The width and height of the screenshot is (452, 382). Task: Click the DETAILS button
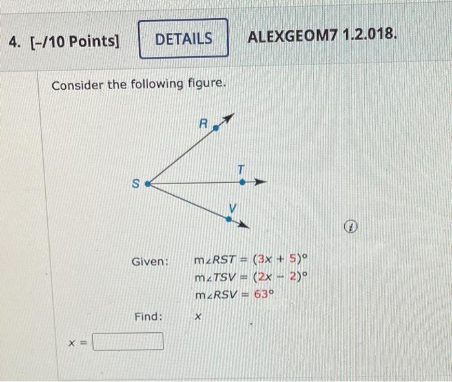183,39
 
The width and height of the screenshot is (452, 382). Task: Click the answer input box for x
128,341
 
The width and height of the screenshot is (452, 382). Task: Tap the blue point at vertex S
147,184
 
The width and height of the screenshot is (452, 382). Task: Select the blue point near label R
216,129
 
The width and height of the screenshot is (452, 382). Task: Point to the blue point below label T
242,182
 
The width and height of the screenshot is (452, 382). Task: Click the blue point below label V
229,219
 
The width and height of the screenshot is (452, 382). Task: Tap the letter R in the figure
203,123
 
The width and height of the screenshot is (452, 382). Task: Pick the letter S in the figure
136,184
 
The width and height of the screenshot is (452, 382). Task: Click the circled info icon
349,228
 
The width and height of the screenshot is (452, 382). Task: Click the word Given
150,262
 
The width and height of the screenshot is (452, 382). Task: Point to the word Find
149,317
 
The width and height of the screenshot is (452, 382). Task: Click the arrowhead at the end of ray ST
262,183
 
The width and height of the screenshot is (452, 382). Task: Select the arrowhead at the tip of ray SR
228,118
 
